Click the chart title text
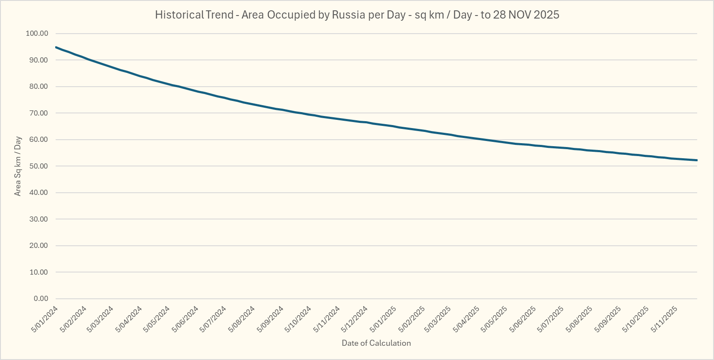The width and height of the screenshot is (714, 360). click(357, 15)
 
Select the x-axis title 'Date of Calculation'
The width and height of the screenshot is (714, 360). click(376, 343)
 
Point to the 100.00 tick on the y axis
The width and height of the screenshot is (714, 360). click(37, 34)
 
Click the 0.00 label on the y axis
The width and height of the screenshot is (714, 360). click(41, 299)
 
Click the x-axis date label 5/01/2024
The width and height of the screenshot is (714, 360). click(45, 319)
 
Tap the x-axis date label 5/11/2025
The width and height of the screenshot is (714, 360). click(664, 319)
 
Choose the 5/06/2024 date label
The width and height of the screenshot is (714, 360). click(186, 319)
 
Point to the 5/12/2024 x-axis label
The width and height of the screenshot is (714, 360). click(355, 319)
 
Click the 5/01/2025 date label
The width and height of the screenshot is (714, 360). click(383, 319)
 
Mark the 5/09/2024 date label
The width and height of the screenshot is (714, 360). click(271, 319)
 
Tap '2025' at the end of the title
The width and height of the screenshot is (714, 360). click(546, 15)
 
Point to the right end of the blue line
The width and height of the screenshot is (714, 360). click(697, 160)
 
